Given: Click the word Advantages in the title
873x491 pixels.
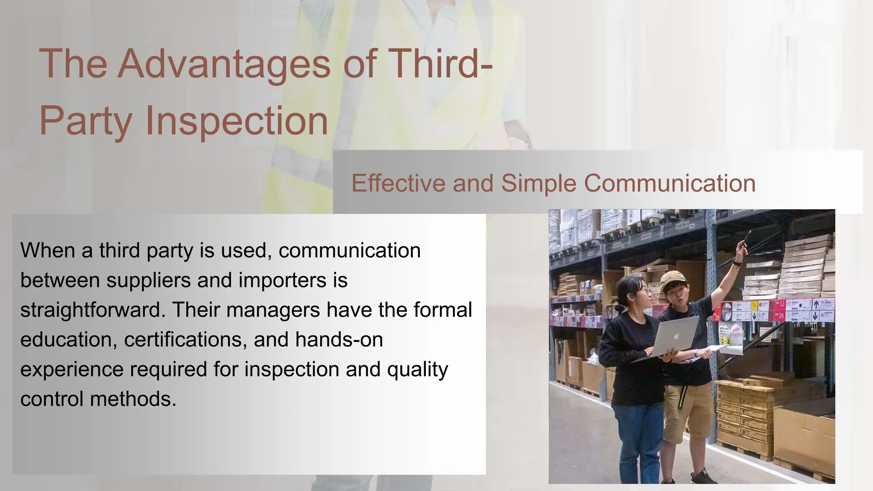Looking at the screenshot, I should tap(224, 64).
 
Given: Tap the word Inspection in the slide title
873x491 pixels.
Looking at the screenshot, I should tap(237, 121).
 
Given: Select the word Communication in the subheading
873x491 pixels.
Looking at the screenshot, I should tap(669, 183).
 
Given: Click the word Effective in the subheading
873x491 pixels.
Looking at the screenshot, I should tap(398, 183).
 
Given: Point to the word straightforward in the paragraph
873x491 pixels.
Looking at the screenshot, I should tap(92, 310).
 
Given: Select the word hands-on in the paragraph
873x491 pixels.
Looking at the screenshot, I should tap(339, 340).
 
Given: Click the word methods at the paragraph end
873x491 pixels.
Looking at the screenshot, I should tap(133, 399).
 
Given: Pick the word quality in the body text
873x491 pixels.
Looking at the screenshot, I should tap(417, 369).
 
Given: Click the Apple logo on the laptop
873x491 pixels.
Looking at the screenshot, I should tap(676, 335).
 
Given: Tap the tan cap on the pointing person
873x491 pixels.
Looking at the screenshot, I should tap(673, 280).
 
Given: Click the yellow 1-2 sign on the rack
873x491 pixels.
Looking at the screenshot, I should tap(726, 341).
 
